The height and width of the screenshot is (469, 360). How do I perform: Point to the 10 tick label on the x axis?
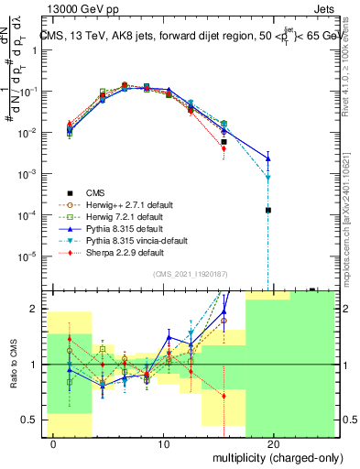[164, 443]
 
